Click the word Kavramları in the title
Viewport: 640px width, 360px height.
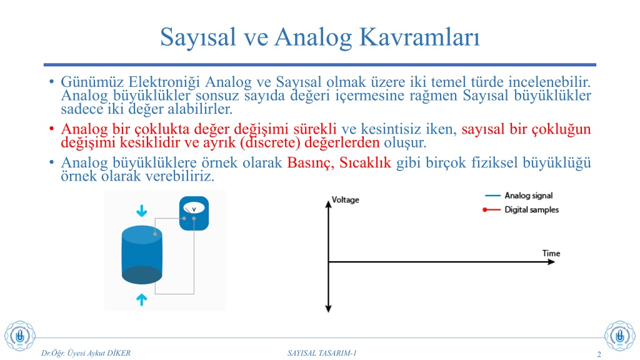pyautogui.click(x=419, y=37)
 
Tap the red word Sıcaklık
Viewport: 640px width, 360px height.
pyautogui.click(x=365, y=162)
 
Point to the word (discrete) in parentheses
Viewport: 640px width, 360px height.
pyautogui.click(x=270, y=142)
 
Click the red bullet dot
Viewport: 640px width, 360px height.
pyautogui.click(x=51, y=129)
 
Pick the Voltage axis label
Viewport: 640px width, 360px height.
pyautogui.click(x=345, y=199)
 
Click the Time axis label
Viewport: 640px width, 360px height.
pyautogui.click(x=551, y=253)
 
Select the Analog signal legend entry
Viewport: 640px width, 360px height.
pyautogui.click(x=519, y=196)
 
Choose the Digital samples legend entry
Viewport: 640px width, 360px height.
pyautogui.click(x=521, y=209)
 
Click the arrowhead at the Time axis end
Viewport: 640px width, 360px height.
pyautogui.click(x=551, y=262)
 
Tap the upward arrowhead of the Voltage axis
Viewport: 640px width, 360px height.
pyautogui.click(x=328, y=204)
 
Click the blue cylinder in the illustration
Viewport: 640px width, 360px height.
pyautogui.click(x=142, y=255)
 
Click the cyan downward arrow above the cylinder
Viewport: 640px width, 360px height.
pyautogui.click(x=142, y=211)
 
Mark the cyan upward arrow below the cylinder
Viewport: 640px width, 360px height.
pyautogui.click(x=142, y=299)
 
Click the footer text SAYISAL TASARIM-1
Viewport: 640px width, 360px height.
pyautogui.click(x=322, y=353)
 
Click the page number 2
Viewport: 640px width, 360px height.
pyautogui.click(x=599, y=354)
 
